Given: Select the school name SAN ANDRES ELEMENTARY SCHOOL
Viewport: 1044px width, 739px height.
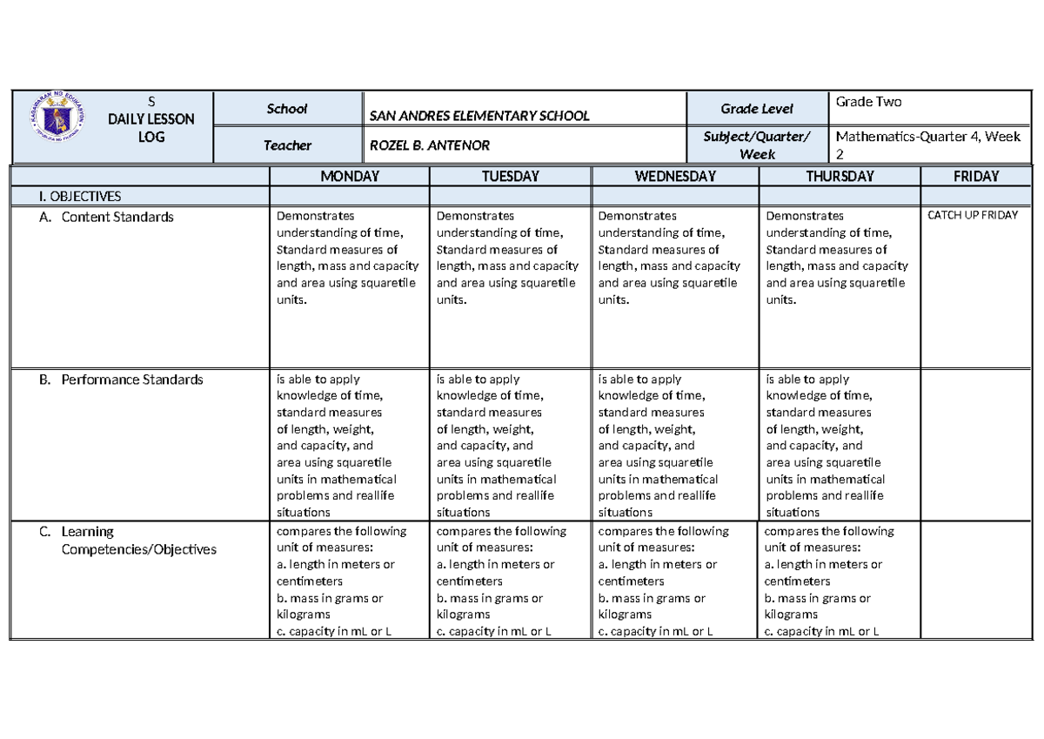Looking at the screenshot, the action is click(x=479, y=116).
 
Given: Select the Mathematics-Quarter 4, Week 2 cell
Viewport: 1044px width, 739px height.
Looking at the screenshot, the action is click(x=927, y=144).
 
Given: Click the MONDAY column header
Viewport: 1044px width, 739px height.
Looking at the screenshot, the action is click(x=349, y=176).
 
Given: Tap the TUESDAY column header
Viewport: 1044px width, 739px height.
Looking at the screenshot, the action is click(x=510, y=176).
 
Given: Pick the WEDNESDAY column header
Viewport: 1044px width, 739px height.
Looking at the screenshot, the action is click(x=675, y=176).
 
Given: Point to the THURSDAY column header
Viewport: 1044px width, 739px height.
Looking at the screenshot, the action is click(x=840, y=176).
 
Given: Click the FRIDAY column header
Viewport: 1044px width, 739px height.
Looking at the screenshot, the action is click(x=976, y=176).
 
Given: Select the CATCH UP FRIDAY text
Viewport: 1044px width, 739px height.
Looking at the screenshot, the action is click(x=973, y=215).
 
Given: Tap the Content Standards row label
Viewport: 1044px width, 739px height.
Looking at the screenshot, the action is click(x=117, y=217).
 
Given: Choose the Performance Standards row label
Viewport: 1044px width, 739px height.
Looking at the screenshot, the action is click(x=131, y=380).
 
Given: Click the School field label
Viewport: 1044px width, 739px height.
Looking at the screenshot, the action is click(x=287, y=109).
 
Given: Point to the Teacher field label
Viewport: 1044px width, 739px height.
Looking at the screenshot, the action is click(x=287, y=145).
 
